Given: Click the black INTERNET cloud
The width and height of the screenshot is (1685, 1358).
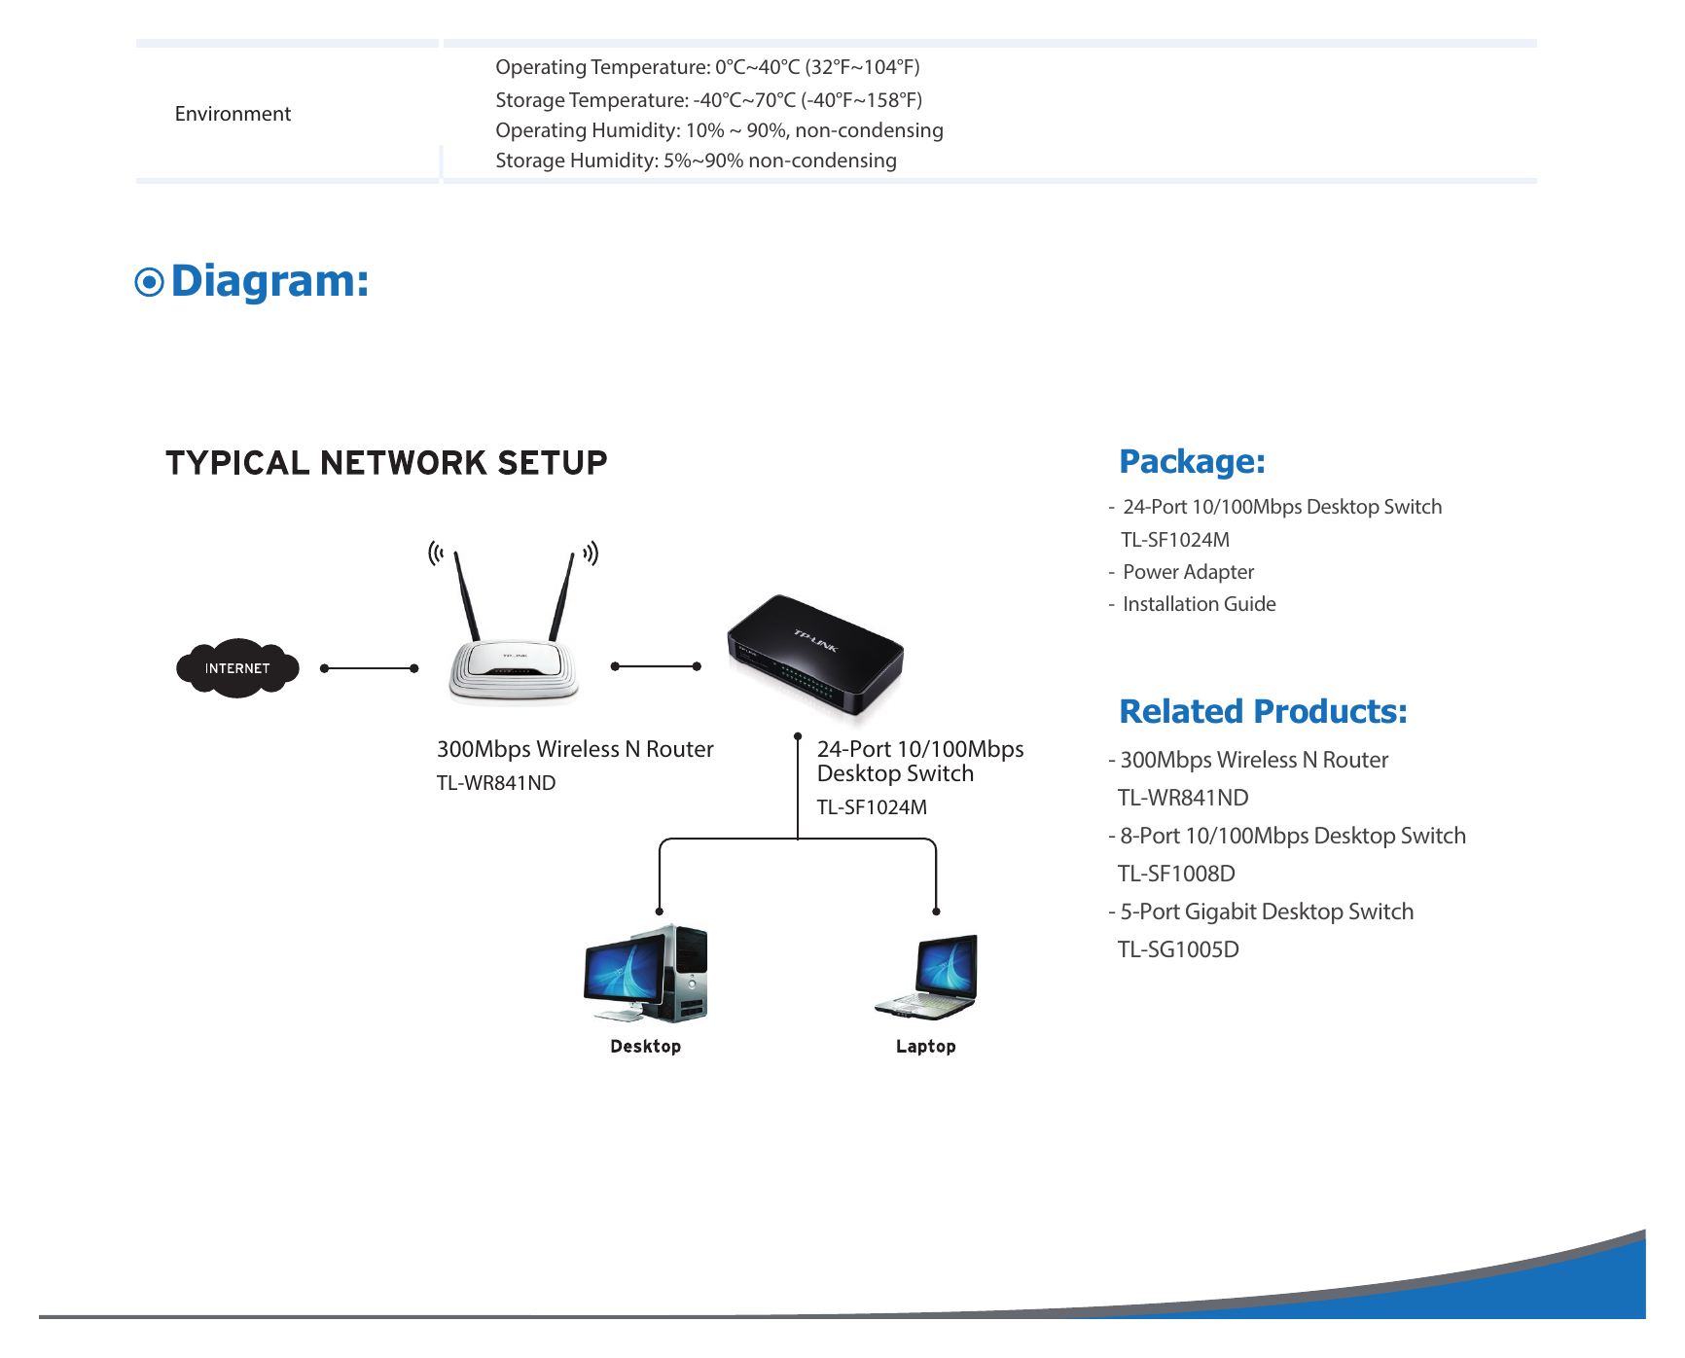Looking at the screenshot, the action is (237, 668).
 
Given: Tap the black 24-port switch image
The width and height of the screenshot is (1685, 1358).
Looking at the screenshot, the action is (815, 657).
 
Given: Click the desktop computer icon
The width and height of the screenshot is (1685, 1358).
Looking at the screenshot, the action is (646, 973).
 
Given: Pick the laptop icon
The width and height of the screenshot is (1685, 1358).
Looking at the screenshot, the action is (926, 977).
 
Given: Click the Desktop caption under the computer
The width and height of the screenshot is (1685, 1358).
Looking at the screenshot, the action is (646, 1047).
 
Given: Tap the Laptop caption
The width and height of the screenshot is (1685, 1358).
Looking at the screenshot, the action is (926, 1047).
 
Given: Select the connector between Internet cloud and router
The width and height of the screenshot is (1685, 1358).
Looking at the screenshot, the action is (370, 668).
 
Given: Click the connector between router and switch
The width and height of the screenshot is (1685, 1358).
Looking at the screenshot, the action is (656, 666).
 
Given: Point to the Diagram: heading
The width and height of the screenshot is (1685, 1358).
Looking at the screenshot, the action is (270, 281).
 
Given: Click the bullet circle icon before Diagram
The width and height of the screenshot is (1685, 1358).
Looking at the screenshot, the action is (149, 282).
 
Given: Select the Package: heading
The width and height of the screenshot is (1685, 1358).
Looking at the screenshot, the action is (1193, 461).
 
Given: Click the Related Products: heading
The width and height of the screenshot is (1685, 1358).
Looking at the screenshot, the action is (1264, 711).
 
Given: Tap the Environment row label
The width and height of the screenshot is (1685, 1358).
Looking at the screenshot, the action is (233, 114).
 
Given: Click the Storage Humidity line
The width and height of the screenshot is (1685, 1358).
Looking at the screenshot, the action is (697, 161).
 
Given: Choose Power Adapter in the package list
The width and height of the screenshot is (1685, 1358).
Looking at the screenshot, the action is (1189, 572).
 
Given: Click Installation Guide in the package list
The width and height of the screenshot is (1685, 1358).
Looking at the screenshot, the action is (1200, 604).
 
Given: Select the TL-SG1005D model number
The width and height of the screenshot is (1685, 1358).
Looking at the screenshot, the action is (1179, 949).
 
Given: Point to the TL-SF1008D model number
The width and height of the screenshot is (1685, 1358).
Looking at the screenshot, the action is (1177, 874).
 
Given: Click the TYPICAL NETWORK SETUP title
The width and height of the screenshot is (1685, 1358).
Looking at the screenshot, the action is (386, 463).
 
